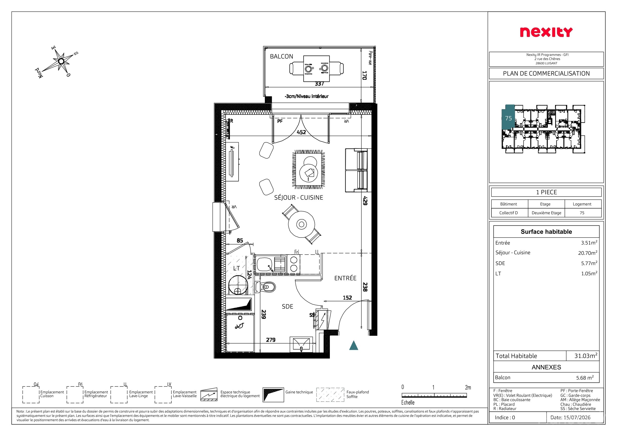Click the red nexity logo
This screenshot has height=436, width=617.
[546, 32]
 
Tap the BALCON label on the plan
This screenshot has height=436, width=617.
[281, 56]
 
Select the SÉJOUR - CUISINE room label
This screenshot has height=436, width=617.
[299, 197]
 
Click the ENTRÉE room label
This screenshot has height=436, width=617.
[345, 278]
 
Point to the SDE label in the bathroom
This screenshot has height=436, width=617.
[287, 306]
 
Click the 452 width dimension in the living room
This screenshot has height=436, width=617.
[301, 132]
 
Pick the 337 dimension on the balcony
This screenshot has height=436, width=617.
[319, 84]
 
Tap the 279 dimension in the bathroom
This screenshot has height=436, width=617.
[271, 340]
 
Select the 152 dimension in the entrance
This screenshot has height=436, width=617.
[347, 298]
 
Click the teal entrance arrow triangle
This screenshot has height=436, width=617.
[354, 346]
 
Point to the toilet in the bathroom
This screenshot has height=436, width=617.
[265, 287]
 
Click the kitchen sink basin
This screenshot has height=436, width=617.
[264, 264]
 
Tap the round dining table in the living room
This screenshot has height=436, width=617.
[302, 224]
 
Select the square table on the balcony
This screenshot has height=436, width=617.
[317, 69]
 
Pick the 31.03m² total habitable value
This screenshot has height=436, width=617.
[586, 356]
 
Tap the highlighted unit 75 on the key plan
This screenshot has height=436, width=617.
[508, 118]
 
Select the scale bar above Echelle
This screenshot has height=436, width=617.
[434, 395]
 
